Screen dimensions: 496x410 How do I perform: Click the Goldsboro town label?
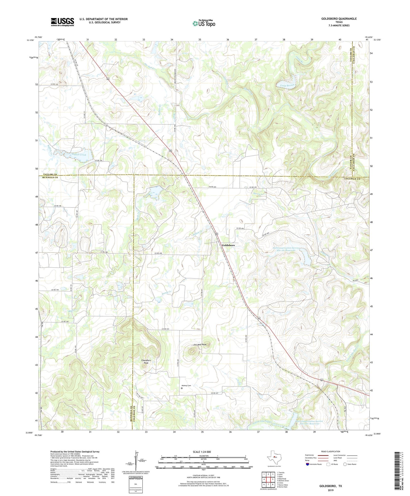coord(228,245)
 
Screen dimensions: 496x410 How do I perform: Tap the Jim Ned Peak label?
coord(200,345)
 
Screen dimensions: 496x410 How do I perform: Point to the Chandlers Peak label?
coord(146,362)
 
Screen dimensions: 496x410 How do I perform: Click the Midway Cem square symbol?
coord(182,388)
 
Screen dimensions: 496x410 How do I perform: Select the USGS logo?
coord(62,22)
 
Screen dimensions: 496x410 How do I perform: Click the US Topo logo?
coord(204,23)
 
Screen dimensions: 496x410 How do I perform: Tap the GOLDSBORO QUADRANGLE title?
coord(339,19)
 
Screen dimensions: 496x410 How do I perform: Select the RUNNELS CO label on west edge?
coord(50,177)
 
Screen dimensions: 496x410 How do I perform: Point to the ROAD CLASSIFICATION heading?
coord(330,451)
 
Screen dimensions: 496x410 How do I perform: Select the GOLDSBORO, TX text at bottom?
coord(331,486)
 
